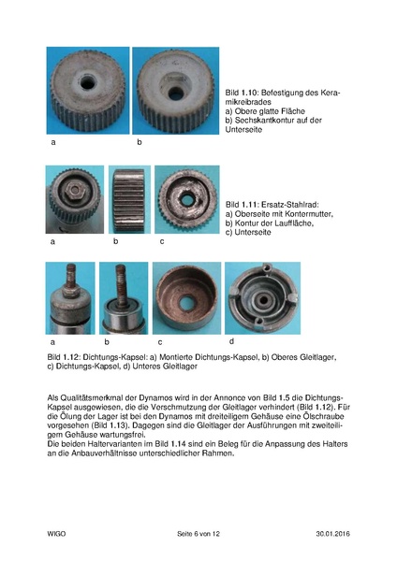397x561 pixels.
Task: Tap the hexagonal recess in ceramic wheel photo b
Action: click(x=175, y=88)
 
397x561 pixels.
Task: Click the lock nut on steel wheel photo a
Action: click(x=76, y=189)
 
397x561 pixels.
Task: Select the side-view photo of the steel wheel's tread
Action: click(x=129, y=200)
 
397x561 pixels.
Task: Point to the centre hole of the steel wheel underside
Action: click(x=187, y=200)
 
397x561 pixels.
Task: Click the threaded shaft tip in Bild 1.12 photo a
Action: click(x=71, y=267)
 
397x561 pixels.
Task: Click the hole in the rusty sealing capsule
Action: click(x=186, y=303)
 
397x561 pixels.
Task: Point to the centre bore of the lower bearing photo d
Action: click(x=264, y=299)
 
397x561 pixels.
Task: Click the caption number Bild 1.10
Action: click(x=242, y=93)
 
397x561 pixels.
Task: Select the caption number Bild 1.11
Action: click(x=242, y=205)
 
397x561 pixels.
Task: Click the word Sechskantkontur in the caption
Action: click(x=267, y=121)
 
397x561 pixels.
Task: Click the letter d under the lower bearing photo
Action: click(x=231, y=341)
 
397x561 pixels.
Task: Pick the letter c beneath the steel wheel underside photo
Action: click(x=162, y=241)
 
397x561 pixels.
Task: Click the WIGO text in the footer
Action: click(x=56, y=534)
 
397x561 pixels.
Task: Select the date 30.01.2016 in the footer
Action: click(x=333, y=534)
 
